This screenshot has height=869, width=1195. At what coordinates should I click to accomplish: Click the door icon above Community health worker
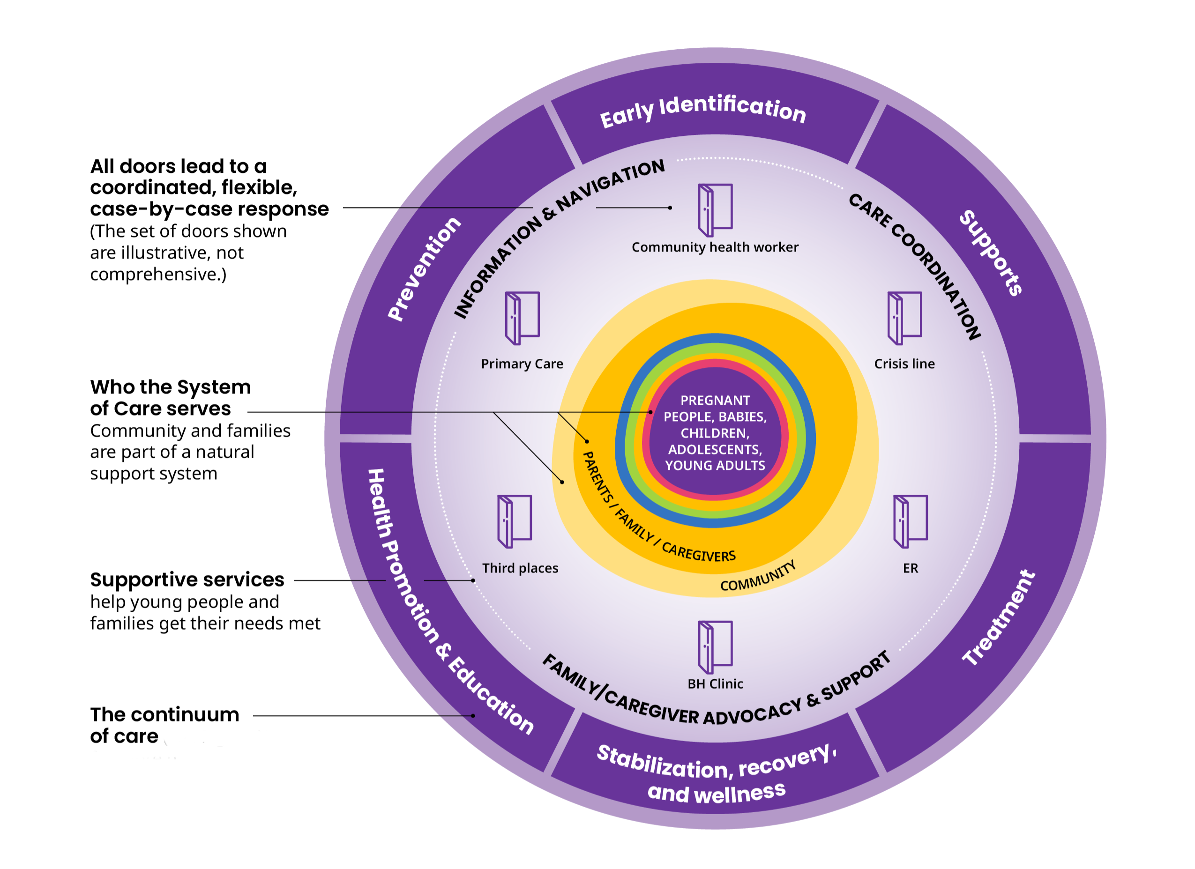click(715, 209)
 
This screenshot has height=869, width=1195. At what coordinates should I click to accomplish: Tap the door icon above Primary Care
click(522, 318)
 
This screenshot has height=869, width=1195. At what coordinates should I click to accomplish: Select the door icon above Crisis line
click(904, 318)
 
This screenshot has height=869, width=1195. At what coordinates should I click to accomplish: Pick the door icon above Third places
click(514, 521)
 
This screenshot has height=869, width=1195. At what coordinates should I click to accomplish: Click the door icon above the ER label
click(910, 521)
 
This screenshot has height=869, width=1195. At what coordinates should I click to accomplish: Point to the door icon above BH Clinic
click(715, 647)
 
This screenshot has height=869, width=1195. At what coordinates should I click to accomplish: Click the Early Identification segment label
click(703, 111)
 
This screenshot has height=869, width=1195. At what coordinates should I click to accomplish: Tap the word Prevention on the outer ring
click(424, 268)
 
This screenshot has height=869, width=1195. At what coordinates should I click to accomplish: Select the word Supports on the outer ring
click(991, 253)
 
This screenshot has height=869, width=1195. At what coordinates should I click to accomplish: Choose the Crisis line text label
click(904, 364)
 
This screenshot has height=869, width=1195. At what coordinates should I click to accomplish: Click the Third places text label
click(520, 568)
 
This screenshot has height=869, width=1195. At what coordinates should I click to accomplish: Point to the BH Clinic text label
click(715, 684)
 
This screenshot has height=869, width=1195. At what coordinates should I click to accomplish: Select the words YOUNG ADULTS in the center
click(715, 466)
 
